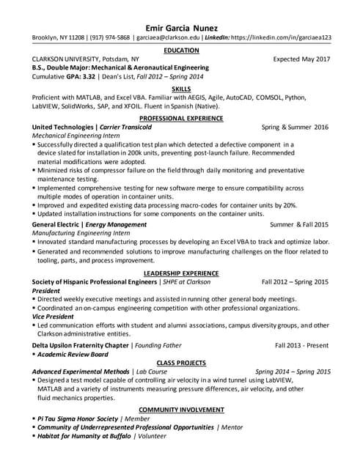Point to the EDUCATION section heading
pyautogui.click(x=181, y=50)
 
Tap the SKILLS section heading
pyautogui.click(x=181, y=88)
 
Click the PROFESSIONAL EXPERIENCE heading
pyautogui.click(x=181, y=117)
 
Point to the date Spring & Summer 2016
pyautogui.click(x=295, y=127)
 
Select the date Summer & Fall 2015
pyautogui.click(x=299, y=224)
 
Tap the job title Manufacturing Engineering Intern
pyautogui.click(x=77, y=232)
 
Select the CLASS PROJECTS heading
pyautogui.click(x=181, y=362)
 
